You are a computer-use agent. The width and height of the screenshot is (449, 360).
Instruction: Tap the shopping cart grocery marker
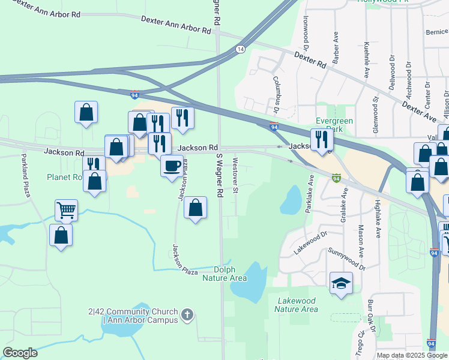pos(66,210)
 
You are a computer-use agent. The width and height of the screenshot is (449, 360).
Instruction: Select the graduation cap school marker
pos(341,282)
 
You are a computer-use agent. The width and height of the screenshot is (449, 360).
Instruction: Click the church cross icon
pos(188,314)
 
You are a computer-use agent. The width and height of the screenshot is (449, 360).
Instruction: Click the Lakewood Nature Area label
pos(296,305)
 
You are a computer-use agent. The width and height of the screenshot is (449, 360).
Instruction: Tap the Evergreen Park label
pos(334,124)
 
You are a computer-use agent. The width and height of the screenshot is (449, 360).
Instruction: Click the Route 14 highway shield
pos(240,49)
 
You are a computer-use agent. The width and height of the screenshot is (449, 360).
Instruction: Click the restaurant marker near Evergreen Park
pos(322,139)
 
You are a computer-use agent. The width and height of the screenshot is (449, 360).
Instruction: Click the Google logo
pos(20,353)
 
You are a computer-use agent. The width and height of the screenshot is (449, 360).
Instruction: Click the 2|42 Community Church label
pos(133,316)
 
